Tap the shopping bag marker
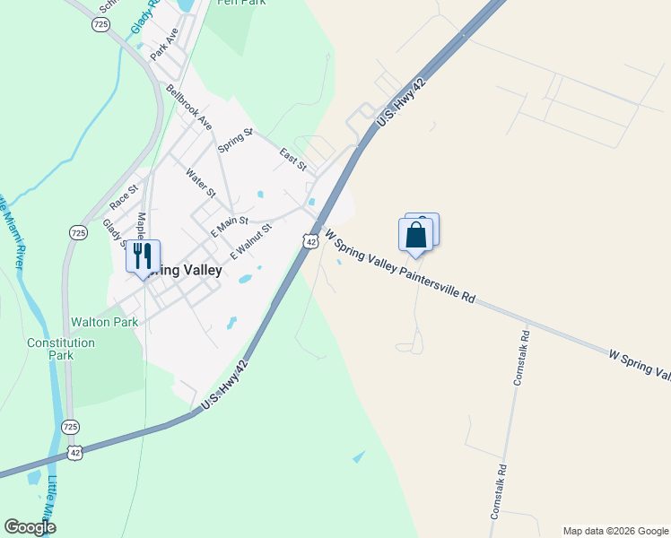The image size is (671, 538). (x=416, y=235)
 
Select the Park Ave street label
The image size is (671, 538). (x=165, y=43)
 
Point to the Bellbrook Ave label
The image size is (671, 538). (x=188, y=107)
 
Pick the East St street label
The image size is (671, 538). (x=292, y=160)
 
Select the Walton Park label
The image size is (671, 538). (x=105, y=321)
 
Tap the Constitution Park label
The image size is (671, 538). (x=61, y=349)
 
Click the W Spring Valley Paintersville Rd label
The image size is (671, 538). (x=399, y=266)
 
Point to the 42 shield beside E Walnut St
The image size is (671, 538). (x=310, y=240)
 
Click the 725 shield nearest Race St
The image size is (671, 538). (x=78, y=232)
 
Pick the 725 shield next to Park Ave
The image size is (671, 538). (x=101, y=25)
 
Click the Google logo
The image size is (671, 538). (x=30, y=527)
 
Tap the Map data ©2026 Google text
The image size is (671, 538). (x=615, y=531)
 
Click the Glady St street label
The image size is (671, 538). (x=113, y=231)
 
